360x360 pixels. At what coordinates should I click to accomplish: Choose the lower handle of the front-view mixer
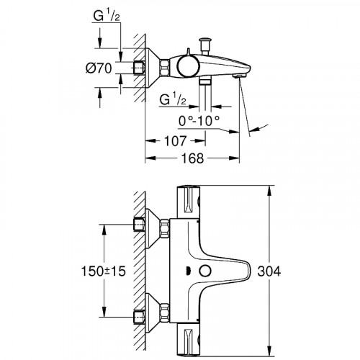pyautogui.click(x=189, y=338)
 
